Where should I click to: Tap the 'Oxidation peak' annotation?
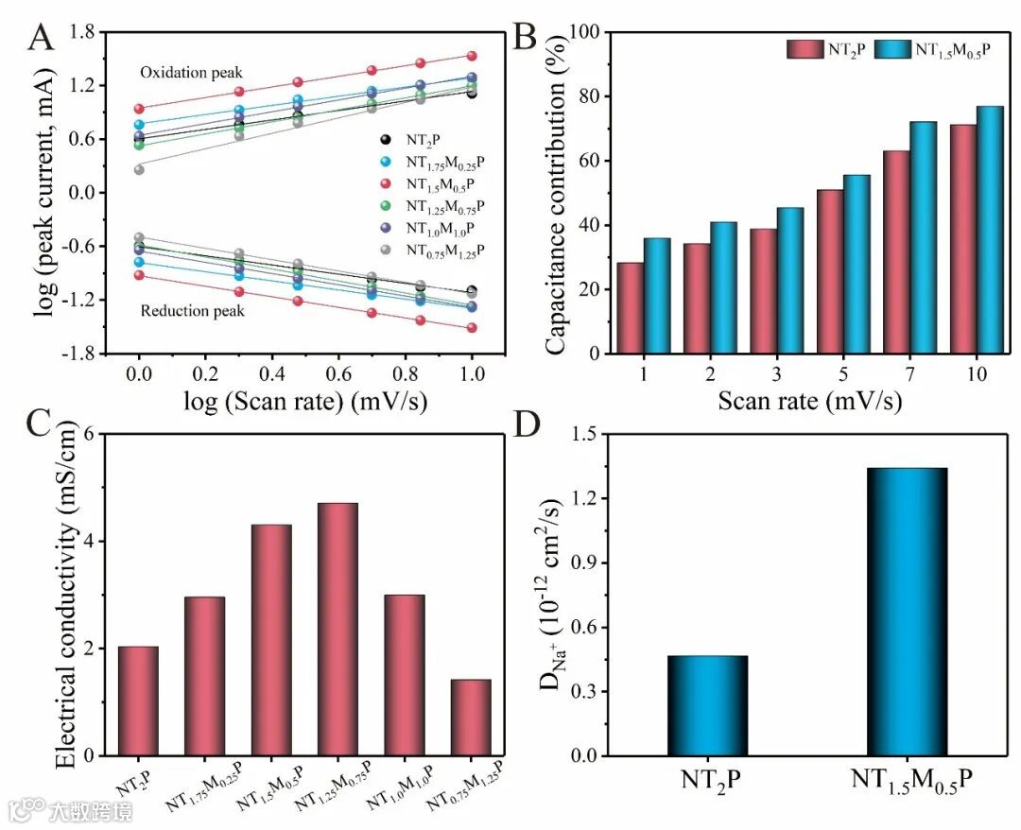191,73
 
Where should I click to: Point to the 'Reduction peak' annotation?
192,310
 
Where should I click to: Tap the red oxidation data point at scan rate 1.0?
472,56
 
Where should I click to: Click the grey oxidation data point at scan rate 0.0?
139,169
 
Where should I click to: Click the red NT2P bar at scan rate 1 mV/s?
631,308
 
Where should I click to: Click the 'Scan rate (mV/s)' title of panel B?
809,401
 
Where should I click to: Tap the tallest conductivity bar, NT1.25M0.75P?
337,630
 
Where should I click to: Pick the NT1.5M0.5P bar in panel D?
907,612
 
